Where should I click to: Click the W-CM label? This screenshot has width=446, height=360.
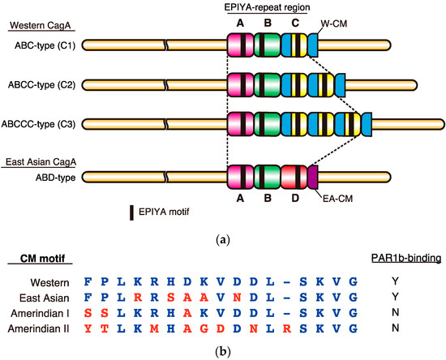tap(334, 24)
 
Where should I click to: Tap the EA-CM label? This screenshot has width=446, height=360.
tap(337, 199)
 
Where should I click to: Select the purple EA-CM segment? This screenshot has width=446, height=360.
tap(313, 177)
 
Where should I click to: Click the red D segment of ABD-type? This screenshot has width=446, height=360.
tap(294, 177)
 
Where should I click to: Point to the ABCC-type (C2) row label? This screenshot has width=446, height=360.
tap(41, 85)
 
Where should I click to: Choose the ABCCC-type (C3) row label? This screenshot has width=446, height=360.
tap(38, 124)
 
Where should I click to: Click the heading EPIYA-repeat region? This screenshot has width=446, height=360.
tap(267, 7)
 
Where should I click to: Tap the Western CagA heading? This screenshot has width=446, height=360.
tap(40, 25)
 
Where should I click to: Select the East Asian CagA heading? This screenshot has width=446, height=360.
tap(41, 162)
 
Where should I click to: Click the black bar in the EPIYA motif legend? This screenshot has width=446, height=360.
tap(131, 212)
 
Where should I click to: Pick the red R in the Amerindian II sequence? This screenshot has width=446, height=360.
tap(287, 328)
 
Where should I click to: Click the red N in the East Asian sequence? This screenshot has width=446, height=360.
tap(237, 298)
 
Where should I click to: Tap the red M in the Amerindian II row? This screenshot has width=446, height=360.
tap(154, 328)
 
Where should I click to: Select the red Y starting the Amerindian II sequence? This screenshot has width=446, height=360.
tap(88, 328)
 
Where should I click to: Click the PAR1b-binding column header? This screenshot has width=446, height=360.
tap(406, 258)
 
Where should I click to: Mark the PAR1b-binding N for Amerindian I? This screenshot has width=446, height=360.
tap(396, 312)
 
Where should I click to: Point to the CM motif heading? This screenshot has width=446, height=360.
tap(43, 259)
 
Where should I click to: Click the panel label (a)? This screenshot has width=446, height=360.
tap(223, 240)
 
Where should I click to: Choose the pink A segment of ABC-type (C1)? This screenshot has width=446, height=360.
tap(240, 45)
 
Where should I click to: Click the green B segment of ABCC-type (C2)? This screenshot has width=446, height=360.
tap(267, 85)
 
